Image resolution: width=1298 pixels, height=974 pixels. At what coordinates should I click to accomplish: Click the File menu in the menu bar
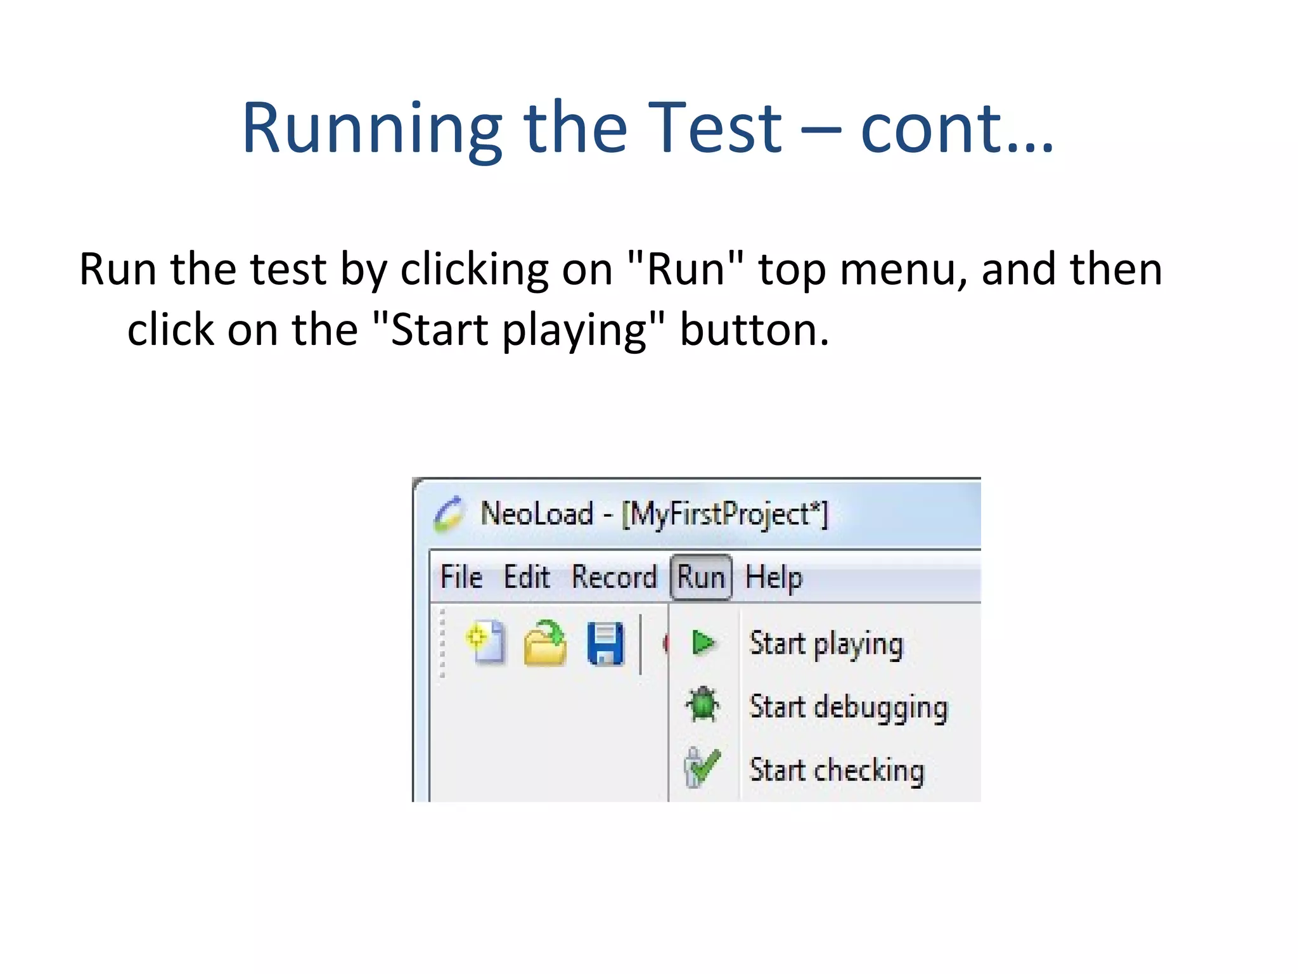click(461, 577)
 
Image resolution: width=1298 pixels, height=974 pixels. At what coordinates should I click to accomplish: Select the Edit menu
click(526, 577)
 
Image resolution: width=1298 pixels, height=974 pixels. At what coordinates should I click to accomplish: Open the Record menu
click(614, 577)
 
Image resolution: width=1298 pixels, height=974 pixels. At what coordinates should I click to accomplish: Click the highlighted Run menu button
click(701, 577)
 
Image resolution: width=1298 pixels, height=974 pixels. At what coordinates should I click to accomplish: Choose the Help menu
click(773, 577)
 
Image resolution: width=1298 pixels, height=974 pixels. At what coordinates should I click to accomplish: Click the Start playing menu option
click(826, 644)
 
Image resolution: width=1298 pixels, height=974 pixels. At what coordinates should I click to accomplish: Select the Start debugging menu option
click(848, 706)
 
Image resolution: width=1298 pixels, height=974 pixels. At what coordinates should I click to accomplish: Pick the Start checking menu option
click(837, 770)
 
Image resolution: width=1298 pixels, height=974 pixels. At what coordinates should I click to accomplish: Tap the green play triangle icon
click(703, 642)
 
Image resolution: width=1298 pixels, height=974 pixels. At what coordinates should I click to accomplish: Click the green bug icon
click(702, 705)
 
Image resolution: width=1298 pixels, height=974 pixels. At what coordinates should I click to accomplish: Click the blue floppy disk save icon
click(605, 644)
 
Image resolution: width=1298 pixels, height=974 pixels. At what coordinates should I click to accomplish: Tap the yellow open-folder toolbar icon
click(545, 644)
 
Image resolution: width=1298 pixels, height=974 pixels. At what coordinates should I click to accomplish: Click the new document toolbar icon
click(485, 642)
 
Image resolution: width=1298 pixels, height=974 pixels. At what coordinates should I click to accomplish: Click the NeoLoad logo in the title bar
click(449, 514)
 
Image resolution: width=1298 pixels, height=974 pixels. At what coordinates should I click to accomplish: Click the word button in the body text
click(754, 330)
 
